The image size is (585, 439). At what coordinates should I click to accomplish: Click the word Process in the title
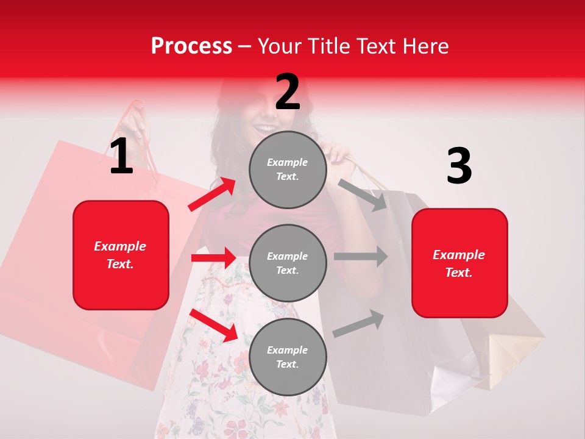click(191, 46)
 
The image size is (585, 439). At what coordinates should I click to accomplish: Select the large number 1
click(121, 157)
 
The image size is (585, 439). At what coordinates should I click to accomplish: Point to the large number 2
click(288, 92)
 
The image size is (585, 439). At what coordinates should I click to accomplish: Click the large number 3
click(459, 166)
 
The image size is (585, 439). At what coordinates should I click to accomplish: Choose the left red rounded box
click(121, 255)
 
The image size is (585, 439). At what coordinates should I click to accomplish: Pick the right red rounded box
click(459, 263)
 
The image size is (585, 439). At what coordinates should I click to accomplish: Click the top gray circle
click(288, 170)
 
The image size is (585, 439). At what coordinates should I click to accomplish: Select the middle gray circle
click(288, 263)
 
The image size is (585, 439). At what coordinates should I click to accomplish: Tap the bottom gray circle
click(288, 357)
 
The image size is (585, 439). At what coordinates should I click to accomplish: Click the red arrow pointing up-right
click(212, 194)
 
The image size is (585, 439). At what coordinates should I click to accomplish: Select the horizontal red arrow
click(213, 258)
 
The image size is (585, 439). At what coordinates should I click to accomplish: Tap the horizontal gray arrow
click(360, 256)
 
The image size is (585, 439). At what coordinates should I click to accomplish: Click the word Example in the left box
click(120, 246)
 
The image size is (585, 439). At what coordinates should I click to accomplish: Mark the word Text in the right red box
click(458, 273)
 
